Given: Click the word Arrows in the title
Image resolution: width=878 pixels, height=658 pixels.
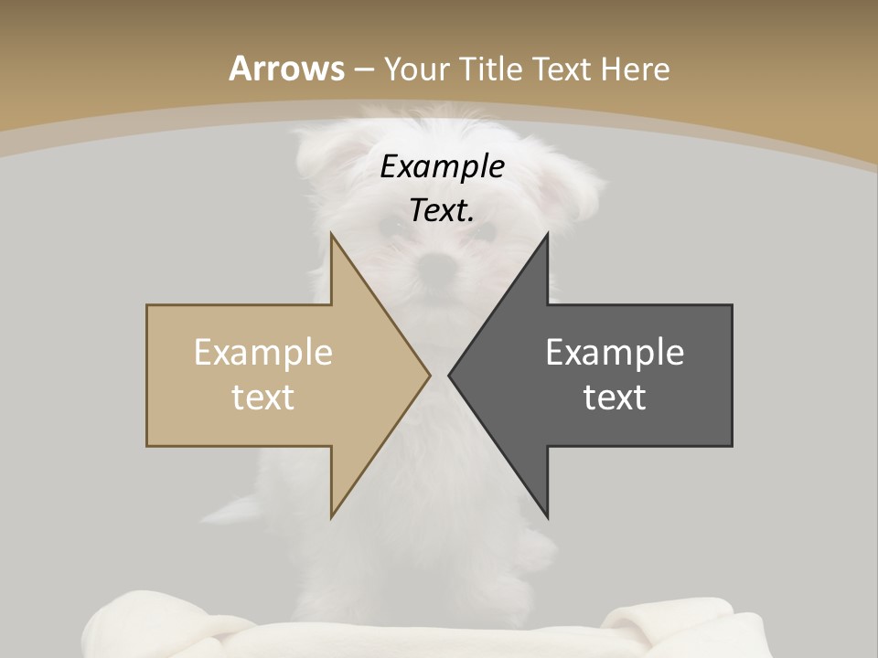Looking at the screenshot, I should tap(287, 69).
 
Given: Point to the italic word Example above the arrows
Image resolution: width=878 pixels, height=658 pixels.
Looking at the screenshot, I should tap(442, 167).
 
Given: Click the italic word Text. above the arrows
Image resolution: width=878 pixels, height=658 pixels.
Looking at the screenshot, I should tap(442, 211).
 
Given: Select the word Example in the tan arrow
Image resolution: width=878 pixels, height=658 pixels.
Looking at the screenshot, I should tap(263, 352).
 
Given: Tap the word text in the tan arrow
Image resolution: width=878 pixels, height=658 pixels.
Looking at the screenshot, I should tap(263, 397).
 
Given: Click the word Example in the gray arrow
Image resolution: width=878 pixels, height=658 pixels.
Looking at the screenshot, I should tap(615, 352).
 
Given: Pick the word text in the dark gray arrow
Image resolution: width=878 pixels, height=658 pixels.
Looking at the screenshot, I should tap(615, 397).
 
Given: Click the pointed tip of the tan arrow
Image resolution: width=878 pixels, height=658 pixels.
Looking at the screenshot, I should tap(429, 375).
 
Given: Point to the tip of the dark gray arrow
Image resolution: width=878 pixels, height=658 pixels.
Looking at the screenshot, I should tap(449, 375).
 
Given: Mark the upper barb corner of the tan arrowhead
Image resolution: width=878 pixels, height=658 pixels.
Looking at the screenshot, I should tap(331, 234).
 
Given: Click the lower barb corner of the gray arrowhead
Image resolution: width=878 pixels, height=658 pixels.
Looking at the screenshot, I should tap(548, 517).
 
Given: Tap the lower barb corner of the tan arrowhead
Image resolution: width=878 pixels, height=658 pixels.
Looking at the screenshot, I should tap(331, 517).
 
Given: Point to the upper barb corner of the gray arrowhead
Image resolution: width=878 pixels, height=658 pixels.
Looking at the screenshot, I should tap(548, 234).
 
